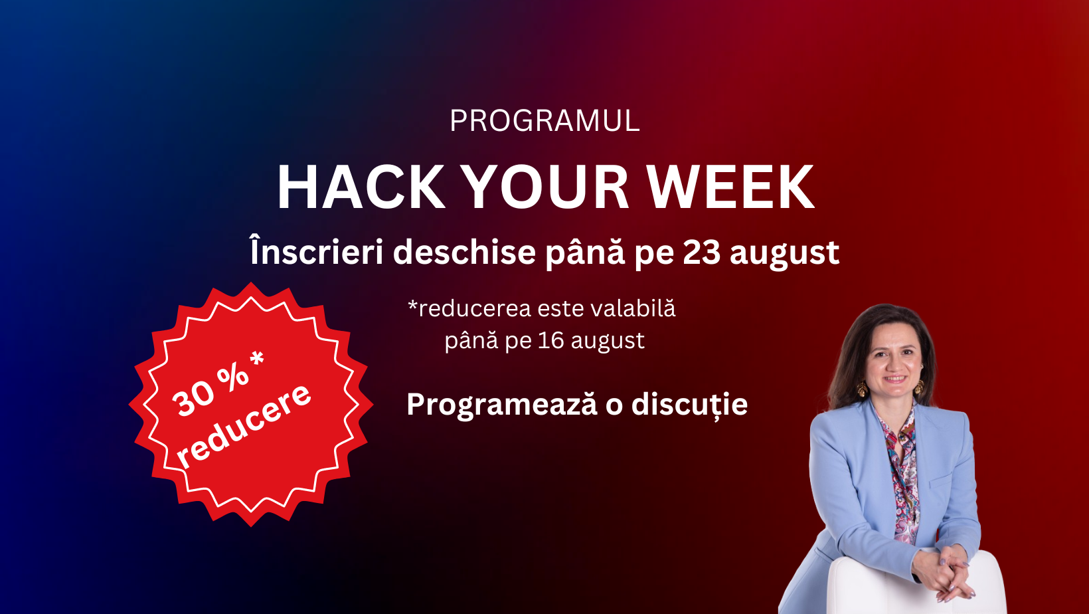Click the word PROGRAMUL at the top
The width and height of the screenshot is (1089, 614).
click(x=544, y=121)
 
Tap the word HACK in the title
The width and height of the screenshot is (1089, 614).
click(x=361, y=187)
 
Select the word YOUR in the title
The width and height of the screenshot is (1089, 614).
click(x=544, y=187)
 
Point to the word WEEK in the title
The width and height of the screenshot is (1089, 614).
click(x=730, y=187)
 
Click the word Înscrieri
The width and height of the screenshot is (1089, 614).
click(x=317, y=251)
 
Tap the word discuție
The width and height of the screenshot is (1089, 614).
click(x=689, y=404)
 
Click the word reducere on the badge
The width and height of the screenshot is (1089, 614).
click(x=243, y=426)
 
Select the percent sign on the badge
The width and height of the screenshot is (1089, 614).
click(x=233, y=375)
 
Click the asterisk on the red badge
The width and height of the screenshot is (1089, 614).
click(x=256, y=359)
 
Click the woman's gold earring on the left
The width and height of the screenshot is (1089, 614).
click(x=862, y=388)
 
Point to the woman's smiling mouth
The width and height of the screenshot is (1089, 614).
click(x=894, y=379)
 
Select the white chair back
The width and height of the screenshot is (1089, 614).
click(x=916, y=584)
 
